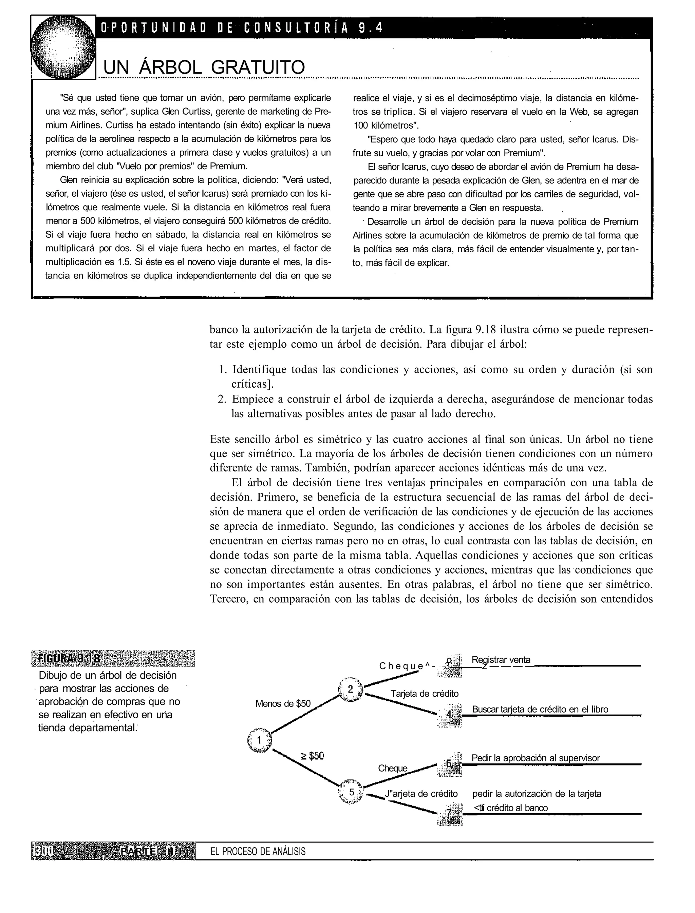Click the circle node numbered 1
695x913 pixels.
coord(259,740)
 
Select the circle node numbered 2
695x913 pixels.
coord(351,689)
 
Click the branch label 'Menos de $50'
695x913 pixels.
coord(283,703)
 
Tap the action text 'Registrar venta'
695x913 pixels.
coord(501,660)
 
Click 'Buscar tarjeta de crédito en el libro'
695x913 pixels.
coord(540,709)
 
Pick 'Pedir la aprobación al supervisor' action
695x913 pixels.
coord(535,758)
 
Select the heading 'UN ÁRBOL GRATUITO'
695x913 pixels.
coord(204,67)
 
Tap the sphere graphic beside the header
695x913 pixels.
coord(63,47)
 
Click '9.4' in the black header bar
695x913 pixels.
coord(371,28)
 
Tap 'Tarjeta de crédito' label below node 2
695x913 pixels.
coord(425,694)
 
